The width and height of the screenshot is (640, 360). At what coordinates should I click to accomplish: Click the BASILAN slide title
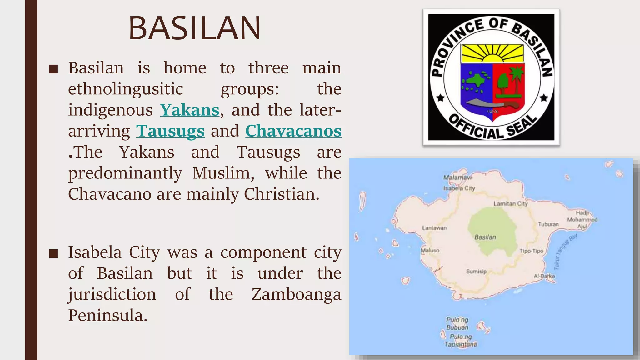[x=194, y=28]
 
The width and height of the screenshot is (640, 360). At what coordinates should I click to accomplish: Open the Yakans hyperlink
[x=190, y=110]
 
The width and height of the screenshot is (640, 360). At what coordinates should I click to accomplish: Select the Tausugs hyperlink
[x=170, y=131]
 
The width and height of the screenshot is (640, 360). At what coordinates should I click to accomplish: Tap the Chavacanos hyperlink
[x=293, y=131]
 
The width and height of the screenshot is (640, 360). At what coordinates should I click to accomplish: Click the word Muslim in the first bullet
[x=223, y=173]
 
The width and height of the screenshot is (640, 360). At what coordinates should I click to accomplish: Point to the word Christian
[x=281, y=194]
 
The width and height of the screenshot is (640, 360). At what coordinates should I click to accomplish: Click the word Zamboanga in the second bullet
[x=296, y=294]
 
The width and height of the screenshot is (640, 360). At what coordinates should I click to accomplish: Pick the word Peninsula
[x=107, y=315]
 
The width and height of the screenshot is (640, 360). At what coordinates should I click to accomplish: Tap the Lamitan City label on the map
[x=510, y=204]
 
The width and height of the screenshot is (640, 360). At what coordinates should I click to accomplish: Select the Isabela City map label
[x=459, y=188]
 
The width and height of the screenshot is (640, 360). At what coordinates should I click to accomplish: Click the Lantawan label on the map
[x=434, y=228]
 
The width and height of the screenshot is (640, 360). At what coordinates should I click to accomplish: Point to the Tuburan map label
[x=548, y=224]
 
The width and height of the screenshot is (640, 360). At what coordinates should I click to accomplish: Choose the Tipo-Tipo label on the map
[x=531, y=251]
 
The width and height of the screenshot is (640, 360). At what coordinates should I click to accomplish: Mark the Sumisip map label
[x=476, y=272]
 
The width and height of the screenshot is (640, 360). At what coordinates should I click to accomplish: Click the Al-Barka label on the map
[x=544, y=276]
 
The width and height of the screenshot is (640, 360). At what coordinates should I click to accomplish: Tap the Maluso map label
[x=430, y=250]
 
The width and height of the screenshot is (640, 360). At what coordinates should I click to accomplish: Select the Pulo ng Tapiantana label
[x=461, y=341]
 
